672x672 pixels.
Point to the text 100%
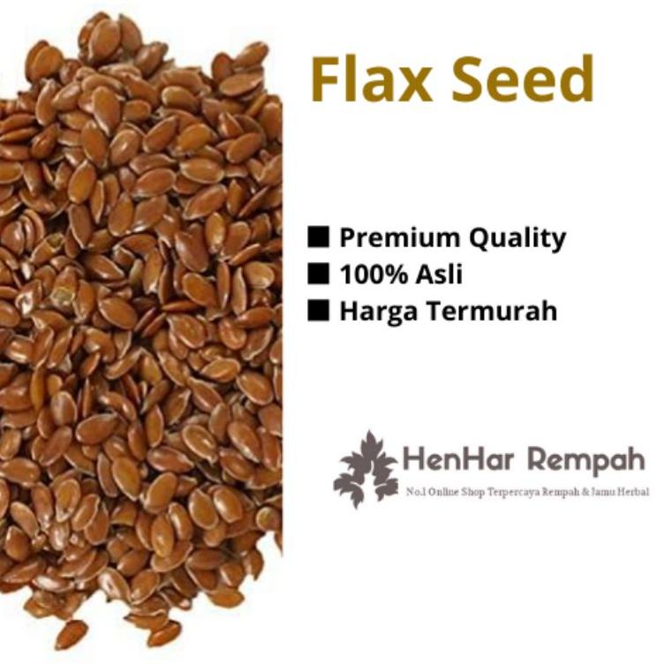pos(370,275)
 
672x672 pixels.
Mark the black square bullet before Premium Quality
pos(320,237)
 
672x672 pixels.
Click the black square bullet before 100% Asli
pos(320,274)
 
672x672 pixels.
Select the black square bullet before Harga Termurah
pos(320,310)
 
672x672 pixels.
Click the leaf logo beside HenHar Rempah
pos(364,469)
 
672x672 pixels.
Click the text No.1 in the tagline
pos(412,491)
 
